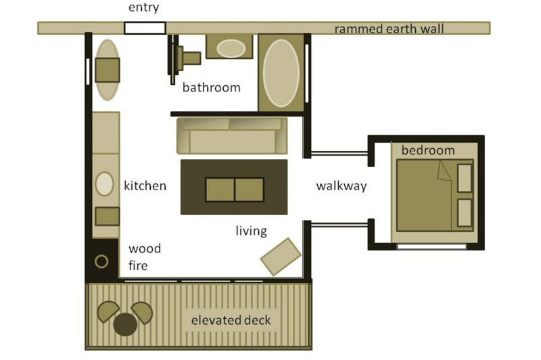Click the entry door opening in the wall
click(145, 28)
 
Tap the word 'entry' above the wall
click(143, 7)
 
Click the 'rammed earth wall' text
click(389, 29)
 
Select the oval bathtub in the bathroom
click(281, 73)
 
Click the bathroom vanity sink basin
click(231, 48)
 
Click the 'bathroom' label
click(211, 88)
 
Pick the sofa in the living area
click(232, 135)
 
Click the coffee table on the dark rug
click(235, 189)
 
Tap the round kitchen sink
click(104, 184)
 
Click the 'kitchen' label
click(145, 185)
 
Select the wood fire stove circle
click(101, 262)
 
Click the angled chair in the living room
click(281, 256)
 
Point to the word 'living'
click(251, 231)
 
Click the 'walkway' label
click(342, 186)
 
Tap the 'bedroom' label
click(428, 150)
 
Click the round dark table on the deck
click(125, 324)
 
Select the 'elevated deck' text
click(231, 320)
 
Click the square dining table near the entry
click(108, 70)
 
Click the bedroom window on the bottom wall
click(431, 246)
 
